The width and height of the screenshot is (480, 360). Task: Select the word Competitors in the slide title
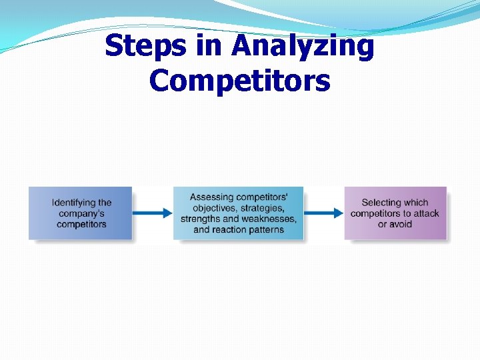pyautogui.click(x=239, y=81)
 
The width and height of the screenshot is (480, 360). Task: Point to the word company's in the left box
pyautogui.click(x=81, y=213)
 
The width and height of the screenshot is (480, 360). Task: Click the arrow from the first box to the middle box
pyautogui.click(x=152, y=213)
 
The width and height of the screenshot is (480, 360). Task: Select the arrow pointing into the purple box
pyautogui.click(x=323, y=213)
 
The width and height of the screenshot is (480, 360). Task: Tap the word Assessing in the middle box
pyautogui.click(x=211, y=197)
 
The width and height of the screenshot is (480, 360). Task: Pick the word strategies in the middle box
pyautogui.click(x=261, y=208)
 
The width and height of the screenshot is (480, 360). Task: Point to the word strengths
pyautogui.click(x=201, y=219)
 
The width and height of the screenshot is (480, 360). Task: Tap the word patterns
pyautogui.click(x=266, y=230)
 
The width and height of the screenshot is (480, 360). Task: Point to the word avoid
pyautogui.click(x=401, y=224)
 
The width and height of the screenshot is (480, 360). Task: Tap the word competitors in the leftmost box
pyautogui.click(x=81, y=224)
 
